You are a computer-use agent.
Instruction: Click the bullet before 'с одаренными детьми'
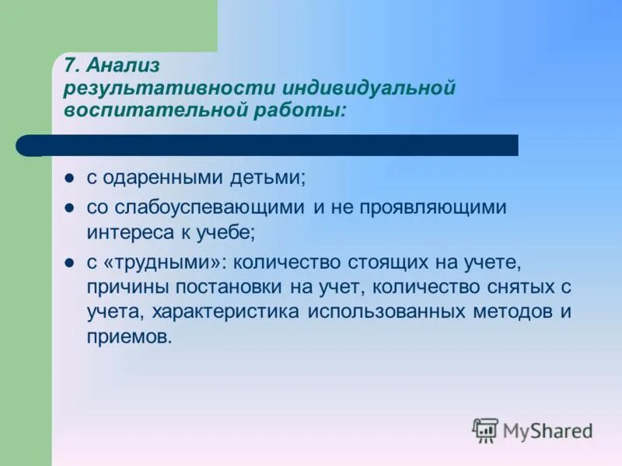pos(68,179)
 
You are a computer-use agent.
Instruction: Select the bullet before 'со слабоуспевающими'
pos(68,208)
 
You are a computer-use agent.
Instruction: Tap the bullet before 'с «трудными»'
pos(68,263)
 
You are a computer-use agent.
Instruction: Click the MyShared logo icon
pos(486,429)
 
